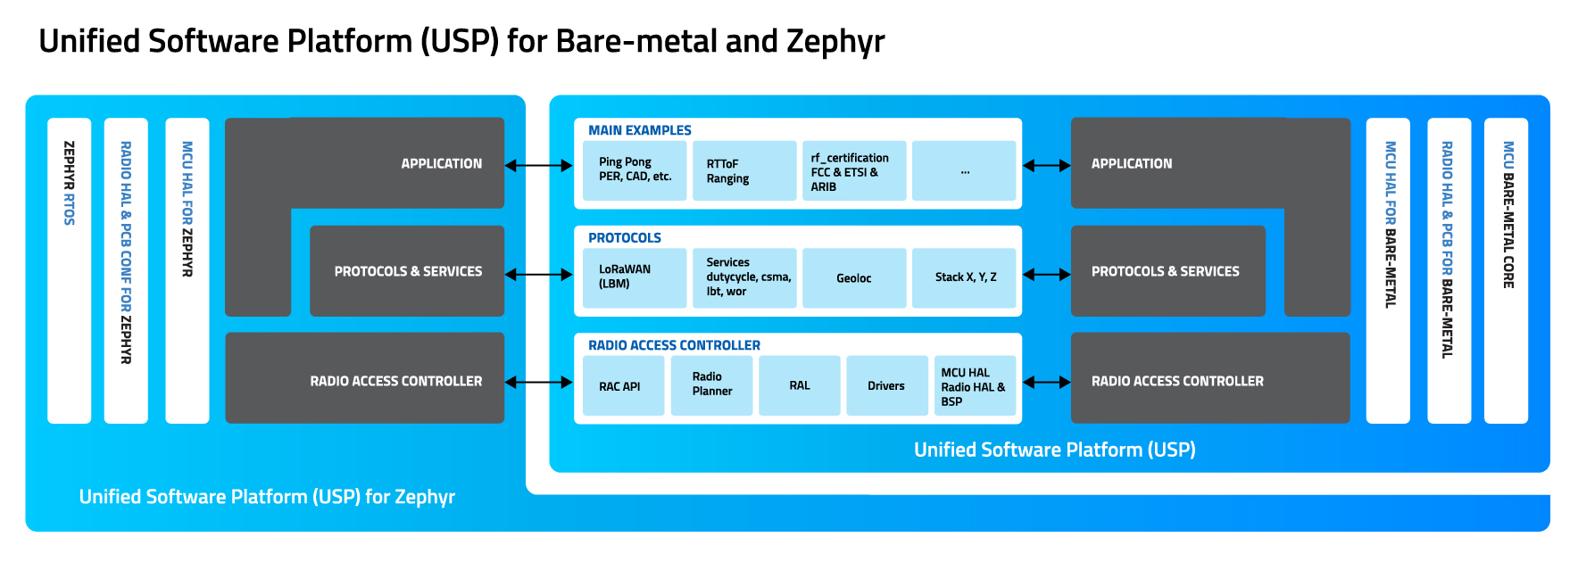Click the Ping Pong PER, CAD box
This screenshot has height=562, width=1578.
[x=635, y=170]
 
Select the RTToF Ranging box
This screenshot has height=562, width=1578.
[x=744, y=170]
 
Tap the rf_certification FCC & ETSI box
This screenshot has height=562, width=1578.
[x=854, y=170]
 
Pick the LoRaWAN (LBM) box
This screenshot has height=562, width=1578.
[x=635, y=277]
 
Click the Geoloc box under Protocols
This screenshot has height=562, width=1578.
[x=854, y=277]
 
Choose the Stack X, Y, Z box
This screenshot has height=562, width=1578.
[x=964, y=277]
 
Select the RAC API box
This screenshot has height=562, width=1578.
[x=623, y=385]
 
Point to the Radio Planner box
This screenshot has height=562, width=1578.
[x=711, y=385]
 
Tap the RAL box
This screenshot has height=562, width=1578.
[x=800, y=385]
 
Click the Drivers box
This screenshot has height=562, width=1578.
[x=886, y=385]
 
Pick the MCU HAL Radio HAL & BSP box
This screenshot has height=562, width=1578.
[x=975, y=385]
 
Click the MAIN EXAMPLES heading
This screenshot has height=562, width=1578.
[x=639, y=130]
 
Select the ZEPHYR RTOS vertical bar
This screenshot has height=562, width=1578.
[x=70, y=270]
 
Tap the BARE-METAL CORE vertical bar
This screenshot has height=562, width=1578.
[x=1506, y=270]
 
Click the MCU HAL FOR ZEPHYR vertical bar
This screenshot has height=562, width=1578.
[x=187, y=270]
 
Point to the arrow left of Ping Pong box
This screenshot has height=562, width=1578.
[x=539, y=165]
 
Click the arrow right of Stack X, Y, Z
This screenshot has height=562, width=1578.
[x=1046, y=275]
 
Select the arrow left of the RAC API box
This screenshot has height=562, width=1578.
[x=539, y=382]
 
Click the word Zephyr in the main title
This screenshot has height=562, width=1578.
[x=835, y=42]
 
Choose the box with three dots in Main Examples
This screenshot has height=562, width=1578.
[x=964, y=170]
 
